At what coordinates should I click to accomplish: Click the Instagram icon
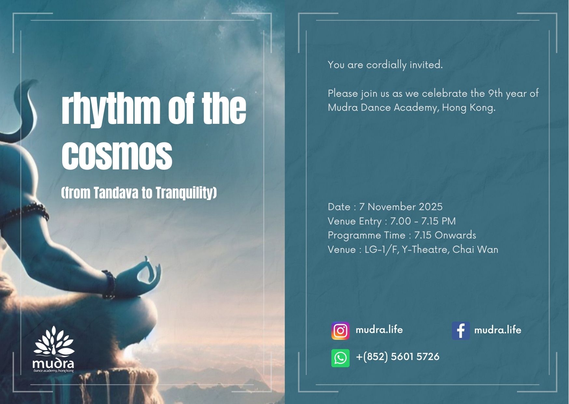click(x=340, y=331)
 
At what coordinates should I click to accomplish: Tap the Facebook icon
click(x=461, y=331)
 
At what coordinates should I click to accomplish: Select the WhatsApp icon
click(x=340, y=358)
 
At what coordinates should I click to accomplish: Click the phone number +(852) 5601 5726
click(x=397, y=357)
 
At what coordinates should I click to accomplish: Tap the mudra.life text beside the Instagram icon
click(x=379, y=330)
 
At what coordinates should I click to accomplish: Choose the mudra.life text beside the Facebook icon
click(x=498, y=330)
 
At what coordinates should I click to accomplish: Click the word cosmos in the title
click(x=117, y=155)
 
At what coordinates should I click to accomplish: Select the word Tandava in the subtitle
click(x=116, y=193)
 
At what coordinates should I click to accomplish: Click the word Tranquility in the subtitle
click(x=184, y=193)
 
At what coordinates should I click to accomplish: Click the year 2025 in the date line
click(x=430, y=207)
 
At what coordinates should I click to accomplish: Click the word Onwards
click(x=455, y=235)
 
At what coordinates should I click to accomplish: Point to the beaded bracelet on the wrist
click(x=109, y=284)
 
